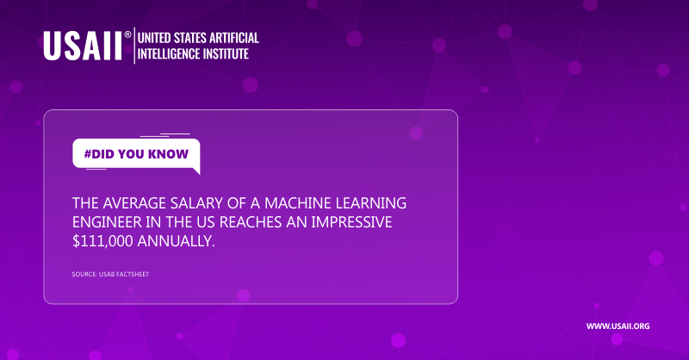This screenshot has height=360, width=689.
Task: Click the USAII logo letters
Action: (x=83, y=46)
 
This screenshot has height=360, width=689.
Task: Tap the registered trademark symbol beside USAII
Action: (x=127, y=35)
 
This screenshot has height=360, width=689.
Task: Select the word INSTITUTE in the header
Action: (x=223, y=53)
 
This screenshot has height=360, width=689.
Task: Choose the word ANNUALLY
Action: (x=177, y=241)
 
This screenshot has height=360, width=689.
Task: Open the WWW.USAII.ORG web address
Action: (x=618, y=326)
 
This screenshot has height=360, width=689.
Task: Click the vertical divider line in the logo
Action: (x=135, y=46)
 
